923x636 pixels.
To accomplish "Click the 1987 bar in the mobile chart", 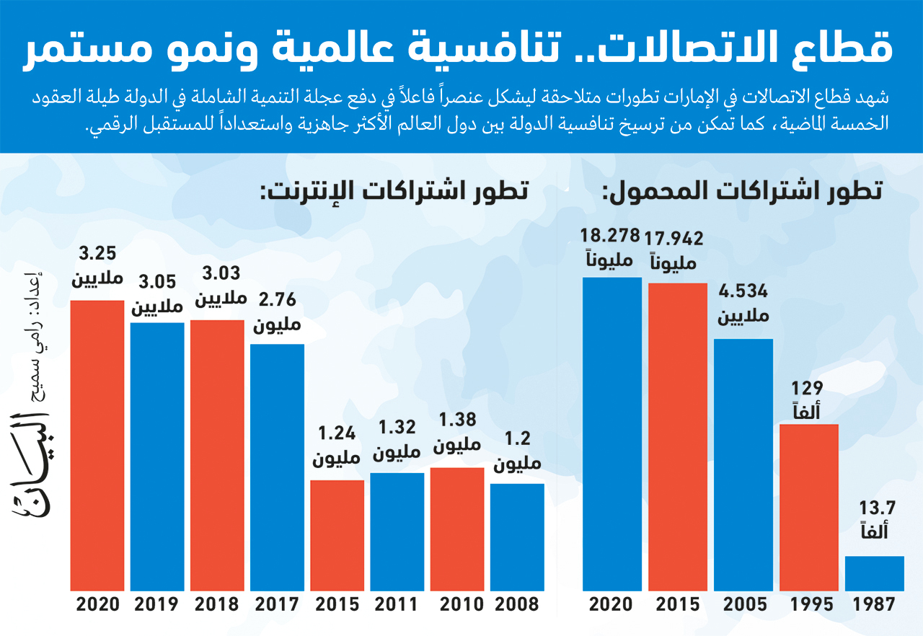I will coord(874,574).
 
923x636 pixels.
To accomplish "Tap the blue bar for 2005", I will coord(743,465).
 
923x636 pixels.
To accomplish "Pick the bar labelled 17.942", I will coord(678,437).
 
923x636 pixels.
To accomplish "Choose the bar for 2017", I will coord(278,468).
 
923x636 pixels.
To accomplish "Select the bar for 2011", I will coord(397,532).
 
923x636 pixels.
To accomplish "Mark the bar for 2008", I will coord(517,537).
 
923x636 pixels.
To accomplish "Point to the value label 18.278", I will coord(610,236).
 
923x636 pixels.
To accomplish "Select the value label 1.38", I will coord(457,421).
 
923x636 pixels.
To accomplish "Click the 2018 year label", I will coord(217,604).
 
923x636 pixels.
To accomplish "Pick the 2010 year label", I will coord(457,604).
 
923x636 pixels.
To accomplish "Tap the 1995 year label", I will coord(809,604).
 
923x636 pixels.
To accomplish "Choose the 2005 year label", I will coord(743,604).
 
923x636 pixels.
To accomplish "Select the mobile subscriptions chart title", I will coord(742,193).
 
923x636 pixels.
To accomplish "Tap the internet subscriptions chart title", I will coord(394,193).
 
